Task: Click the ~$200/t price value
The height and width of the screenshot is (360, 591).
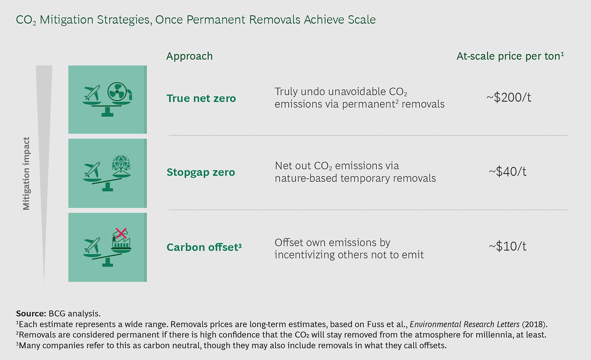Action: click(x=509, y=97)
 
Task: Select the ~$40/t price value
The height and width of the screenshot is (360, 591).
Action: click(x=507, y=172)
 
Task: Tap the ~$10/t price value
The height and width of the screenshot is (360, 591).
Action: click(x=507, y=246)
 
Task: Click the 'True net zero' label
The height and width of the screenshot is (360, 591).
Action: click(x=201, y=98)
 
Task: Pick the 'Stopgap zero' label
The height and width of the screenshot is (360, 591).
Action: click(x=201, y=172)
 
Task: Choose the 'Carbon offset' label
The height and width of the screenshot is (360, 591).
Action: click(x=203, y=247)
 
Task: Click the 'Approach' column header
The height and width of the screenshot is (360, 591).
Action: click(x=190, y=56)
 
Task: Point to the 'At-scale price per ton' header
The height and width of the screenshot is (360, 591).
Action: click(x=510, y=56)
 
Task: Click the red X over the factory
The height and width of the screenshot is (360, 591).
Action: click(x=121, y=233)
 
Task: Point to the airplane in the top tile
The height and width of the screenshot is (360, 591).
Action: click(x=92, y=93)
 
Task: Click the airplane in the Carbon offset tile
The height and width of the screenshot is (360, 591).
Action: click(x=92, y=246)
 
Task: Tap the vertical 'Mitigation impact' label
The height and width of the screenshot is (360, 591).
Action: click(x=26, y=174)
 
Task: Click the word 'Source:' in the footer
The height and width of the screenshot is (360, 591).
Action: click(x=31, y=314)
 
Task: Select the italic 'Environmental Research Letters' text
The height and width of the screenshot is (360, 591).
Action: click(x=465, y=324)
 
